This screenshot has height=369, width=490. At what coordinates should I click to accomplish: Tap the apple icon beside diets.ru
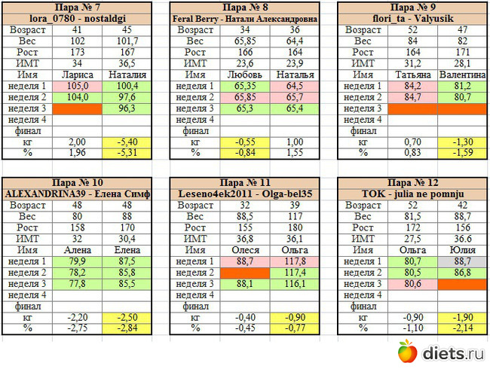point(407,350)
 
